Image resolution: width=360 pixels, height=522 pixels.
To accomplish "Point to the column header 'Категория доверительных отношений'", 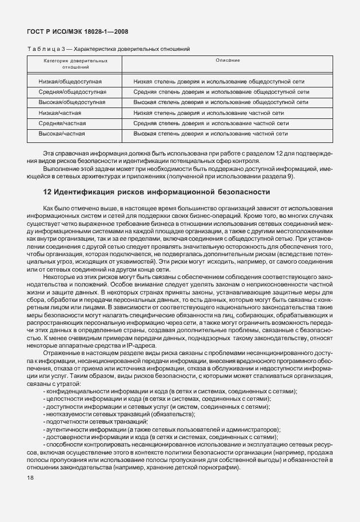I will coord(75,63).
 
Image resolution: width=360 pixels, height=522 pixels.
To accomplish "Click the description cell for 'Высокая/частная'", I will coord(210,133).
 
